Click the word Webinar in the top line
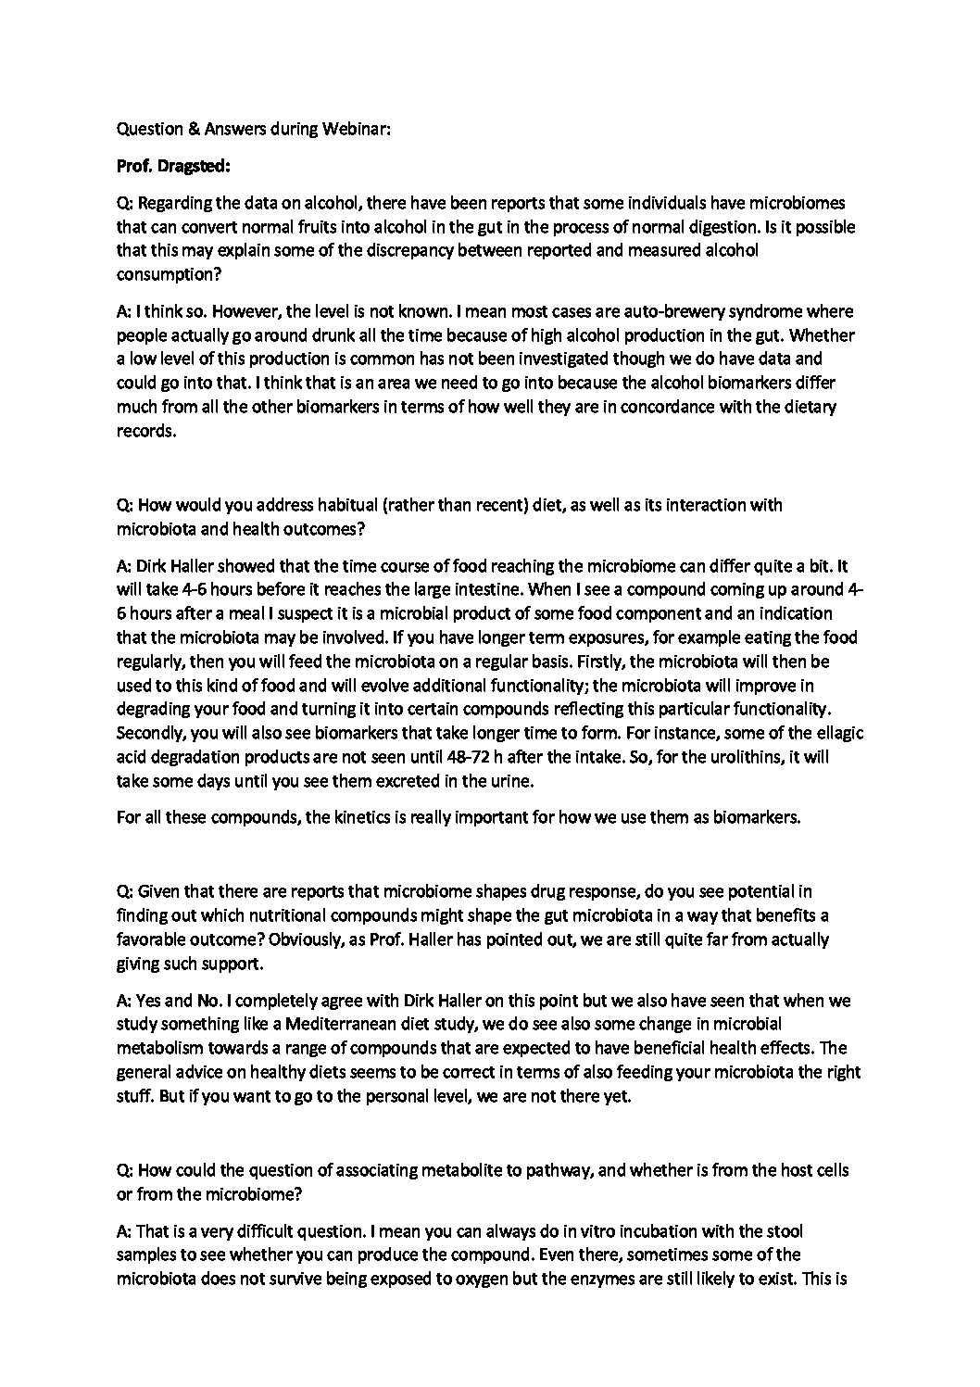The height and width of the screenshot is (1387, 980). click(x=356, y=131)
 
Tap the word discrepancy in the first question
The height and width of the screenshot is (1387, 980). click(x=445, y=251)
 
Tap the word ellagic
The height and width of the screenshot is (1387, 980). click(x=840, y=733)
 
